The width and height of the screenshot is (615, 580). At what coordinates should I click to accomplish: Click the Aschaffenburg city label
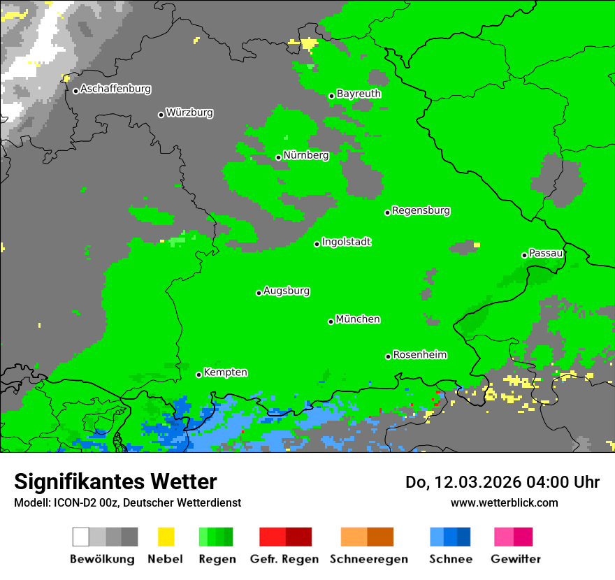(x=115, y=89)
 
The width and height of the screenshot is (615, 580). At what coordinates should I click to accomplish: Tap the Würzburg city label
(x=189, y=113)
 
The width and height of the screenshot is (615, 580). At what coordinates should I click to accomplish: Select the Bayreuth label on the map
(x=359, y=94)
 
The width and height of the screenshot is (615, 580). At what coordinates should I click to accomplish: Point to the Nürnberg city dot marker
(x=278, y=157)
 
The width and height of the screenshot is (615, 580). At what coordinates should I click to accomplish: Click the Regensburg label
(x=421, y=211)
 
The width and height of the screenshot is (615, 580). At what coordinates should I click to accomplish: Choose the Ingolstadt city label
(x=347, y=242)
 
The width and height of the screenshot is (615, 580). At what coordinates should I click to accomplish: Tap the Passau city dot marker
(x=524, y=255)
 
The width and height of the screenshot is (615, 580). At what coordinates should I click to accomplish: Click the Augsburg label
(x=287, y=291)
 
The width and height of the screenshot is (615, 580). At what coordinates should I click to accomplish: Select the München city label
(x=358, y=319)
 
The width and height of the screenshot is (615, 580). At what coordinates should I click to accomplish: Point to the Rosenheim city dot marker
(x=388, y=356)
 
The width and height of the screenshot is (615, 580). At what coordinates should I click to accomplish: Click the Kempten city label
(x=225, y=372)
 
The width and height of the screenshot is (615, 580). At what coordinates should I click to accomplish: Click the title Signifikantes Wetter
(x=115, y=481)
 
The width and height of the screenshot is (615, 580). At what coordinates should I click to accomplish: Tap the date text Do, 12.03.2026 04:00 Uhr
(x=502, y=482)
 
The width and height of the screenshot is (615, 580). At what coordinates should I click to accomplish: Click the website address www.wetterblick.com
(x=504, y=502)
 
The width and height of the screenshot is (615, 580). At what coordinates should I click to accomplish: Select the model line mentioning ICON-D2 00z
(x=127, y=502)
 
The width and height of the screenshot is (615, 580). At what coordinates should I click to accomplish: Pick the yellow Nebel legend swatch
(x=166, y=537)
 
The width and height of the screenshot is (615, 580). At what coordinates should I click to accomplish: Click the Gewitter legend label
(x=516, y=559)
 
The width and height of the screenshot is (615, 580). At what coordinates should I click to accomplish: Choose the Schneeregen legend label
(x=368, y=559)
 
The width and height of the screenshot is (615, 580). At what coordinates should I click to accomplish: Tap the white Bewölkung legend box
(x=81, y=537)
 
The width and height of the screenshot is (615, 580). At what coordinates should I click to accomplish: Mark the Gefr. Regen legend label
(x=284, y=559)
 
